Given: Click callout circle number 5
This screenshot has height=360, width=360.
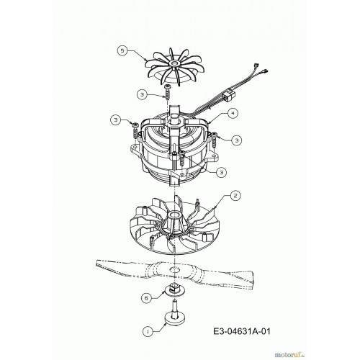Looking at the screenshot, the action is [122, 52].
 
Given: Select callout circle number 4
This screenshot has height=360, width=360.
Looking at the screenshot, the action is [233, 113].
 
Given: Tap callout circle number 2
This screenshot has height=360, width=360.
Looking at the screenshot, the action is [235, 196].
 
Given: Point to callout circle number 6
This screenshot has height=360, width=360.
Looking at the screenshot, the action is [147, 298].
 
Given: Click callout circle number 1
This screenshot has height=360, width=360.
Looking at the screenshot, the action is [148, 332].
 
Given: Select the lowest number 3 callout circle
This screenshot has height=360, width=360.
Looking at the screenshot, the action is [221, 172].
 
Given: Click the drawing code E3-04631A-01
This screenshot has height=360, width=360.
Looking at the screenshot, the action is [242, 331].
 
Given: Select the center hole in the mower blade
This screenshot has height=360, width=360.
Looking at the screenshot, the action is [174, 269].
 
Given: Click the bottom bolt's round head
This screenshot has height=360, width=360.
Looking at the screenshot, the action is [175, 318].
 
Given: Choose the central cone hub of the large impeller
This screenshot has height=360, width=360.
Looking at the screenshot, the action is [174, 221].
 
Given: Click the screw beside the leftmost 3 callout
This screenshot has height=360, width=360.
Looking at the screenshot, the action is [136, 131].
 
